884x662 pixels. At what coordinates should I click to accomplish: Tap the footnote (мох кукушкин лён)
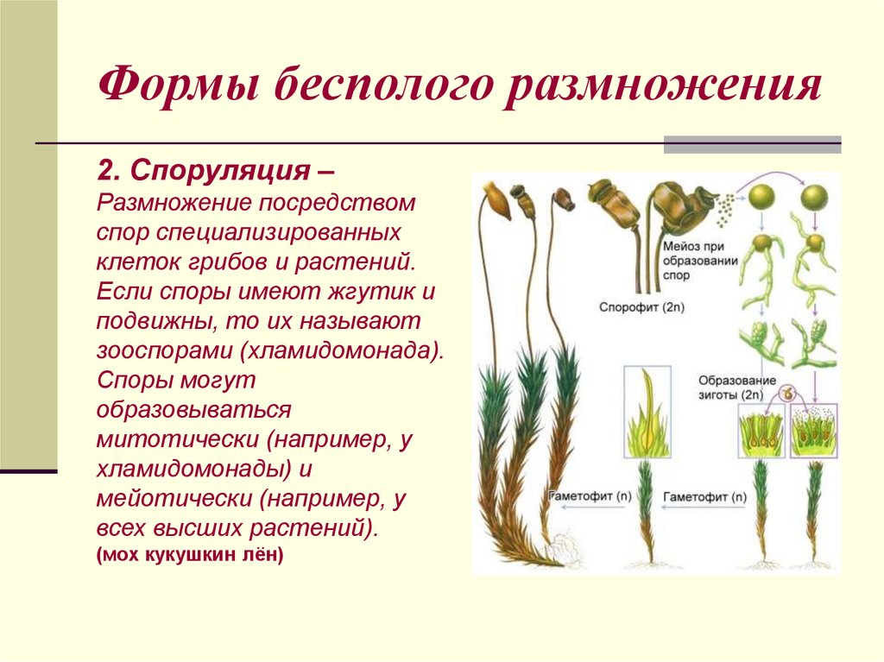[x=190, y=555]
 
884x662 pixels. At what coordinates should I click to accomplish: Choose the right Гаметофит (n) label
[x=704, y=497]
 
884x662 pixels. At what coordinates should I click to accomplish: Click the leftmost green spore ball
[x=759, y=199]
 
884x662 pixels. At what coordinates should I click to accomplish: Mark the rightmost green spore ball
[x=812, y=199]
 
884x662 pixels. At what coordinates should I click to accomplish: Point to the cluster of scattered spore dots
[x=727, y=205]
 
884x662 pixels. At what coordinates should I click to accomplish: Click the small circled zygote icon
[x=787, y=394]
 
